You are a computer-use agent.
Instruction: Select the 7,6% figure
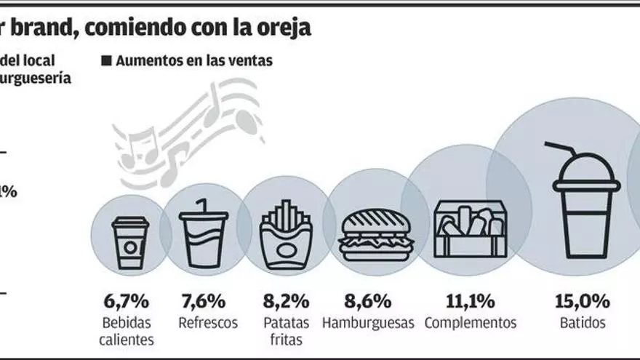pos(202,300)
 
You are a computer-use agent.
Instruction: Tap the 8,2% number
pos(286,300)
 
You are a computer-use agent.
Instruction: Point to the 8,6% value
pos(368,300)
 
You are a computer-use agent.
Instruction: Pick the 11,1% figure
pos(470,300)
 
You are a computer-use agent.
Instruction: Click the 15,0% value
pos(583,300)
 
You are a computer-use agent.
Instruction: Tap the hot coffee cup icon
pos(130,243)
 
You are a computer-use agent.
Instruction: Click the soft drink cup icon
pos(203,234)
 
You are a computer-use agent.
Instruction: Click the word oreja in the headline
pos(286,27)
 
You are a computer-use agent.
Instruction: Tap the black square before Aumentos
pos(106,61)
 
